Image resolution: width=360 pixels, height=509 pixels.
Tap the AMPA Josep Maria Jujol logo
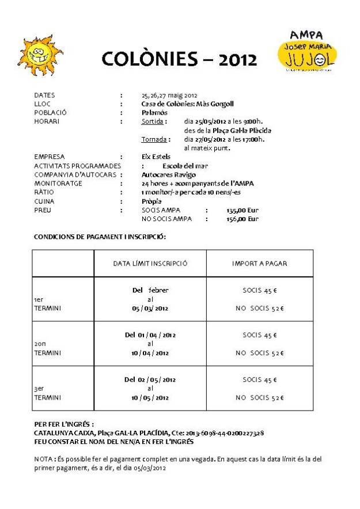click(307, 51)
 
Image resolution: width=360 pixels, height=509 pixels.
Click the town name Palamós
click(154, 113)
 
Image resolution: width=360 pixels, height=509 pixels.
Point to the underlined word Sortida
click(153, 121)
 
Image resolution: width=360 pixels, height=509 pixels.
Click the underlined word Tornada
click(154, 139)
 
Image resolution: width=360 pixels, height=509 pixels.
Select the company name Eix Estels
click(156, 157)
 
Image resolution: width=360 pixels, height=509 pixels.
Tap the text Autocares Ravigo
click(168, 174)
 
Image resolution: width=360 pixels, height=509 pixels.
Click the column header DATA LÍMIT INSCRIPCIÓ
click(150, 264)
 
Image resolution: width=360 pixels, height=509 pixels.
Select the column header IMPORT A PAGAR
click(259, 264)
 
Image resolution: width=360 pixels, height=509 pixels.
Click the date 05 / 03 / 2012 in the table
click(150, 309)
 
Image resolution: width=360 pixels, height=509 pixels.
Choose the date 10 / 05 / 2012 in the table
click(150, 398)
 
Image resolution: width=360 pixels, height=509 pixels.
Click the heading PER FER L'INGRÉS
click(63, 424)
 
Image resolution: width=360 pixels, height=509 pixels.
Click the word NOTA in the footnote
click(44, 459)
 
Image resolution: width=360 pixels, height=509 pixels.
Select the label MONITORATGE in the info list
click(58, 183)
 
